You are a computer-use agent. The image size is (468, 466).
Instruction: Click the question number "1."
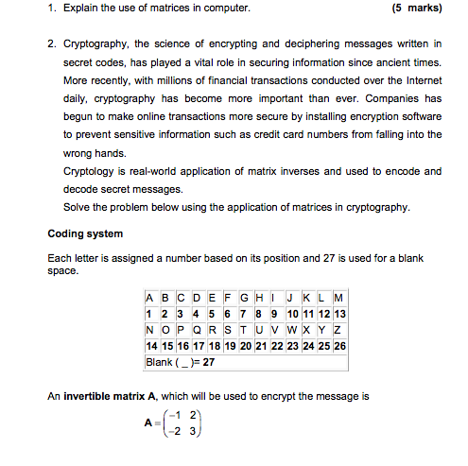pos(53,9)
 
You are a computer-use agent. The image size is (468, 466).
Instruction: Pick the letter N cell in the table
pos(150,330)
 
